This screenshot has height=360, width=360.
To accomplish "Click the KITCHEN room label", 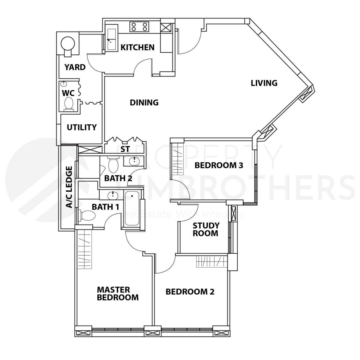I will click(x=138, y=47).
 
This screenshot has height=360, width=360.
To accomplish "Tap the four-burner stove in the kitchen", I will click(x=139, y=27).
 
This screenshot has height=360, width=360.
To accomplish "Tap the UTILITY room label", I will click(x=82, y=127).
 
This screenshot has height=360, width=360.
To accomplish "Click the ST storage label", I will click(x=125, y=149).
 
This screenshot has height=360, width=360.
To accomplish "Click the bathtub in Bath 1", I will click(x=132, y=208).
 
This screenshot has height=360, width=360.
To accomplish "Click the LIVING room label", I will click(x=264, y=83).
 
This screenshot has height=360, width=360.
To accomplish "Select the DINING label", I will click(x=144, y=103).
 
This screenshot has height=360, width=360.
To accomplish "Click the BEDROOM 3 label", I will click(x=219, y=165).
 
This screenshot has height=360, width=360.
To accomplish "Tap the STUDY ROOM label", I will click(x=206, y=229).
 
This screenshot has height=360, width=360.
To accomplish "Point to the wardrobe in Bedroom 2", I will click(x=211, y=262).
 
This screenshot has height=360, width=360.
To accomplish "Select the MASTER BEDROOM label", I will click(x=118, y=293).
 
